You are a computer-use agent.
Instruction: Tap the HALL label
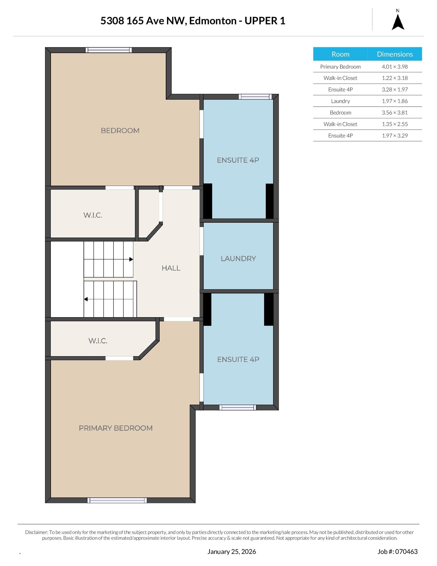[171, 268]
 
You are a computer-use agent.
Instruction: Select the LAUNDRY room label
[238, 258]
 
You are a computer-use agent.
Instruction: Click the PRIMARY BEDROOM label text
[116, 428]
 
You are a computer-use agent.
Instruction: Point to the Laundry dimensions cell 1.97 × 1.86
[395, 101]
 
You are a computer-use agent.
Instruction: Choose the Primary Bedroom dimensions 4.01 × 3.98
[395, 67]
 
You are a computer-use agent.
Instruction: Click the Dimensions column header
[395, 54]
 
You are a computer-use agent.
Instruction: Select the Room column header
[340, 54]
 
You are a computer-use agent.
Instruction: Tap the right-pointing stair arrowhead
[131, 259]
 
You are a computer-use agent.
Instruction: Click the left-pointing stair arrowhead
[86, 299]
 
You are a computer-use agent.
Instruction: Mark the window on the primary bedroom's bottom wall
[117, 500]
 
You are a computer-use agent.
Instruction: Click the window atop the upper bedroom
[109, 50]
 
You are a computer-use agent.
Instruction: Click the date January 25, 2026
[232, 552]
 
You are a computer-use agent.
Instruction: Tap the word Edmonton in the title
[213, 21]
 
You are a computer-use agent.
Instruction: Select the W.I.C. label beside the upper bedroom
[93, 215]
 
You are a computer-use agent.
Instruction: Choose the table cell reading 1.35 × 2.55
[395, 124]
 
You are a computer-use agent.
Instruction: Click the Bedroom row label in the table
[340, 113]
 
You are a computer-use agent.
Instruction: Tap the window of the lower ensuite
[238, 407]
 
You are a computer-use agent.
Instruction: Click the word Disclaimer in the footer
[37, 532]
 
